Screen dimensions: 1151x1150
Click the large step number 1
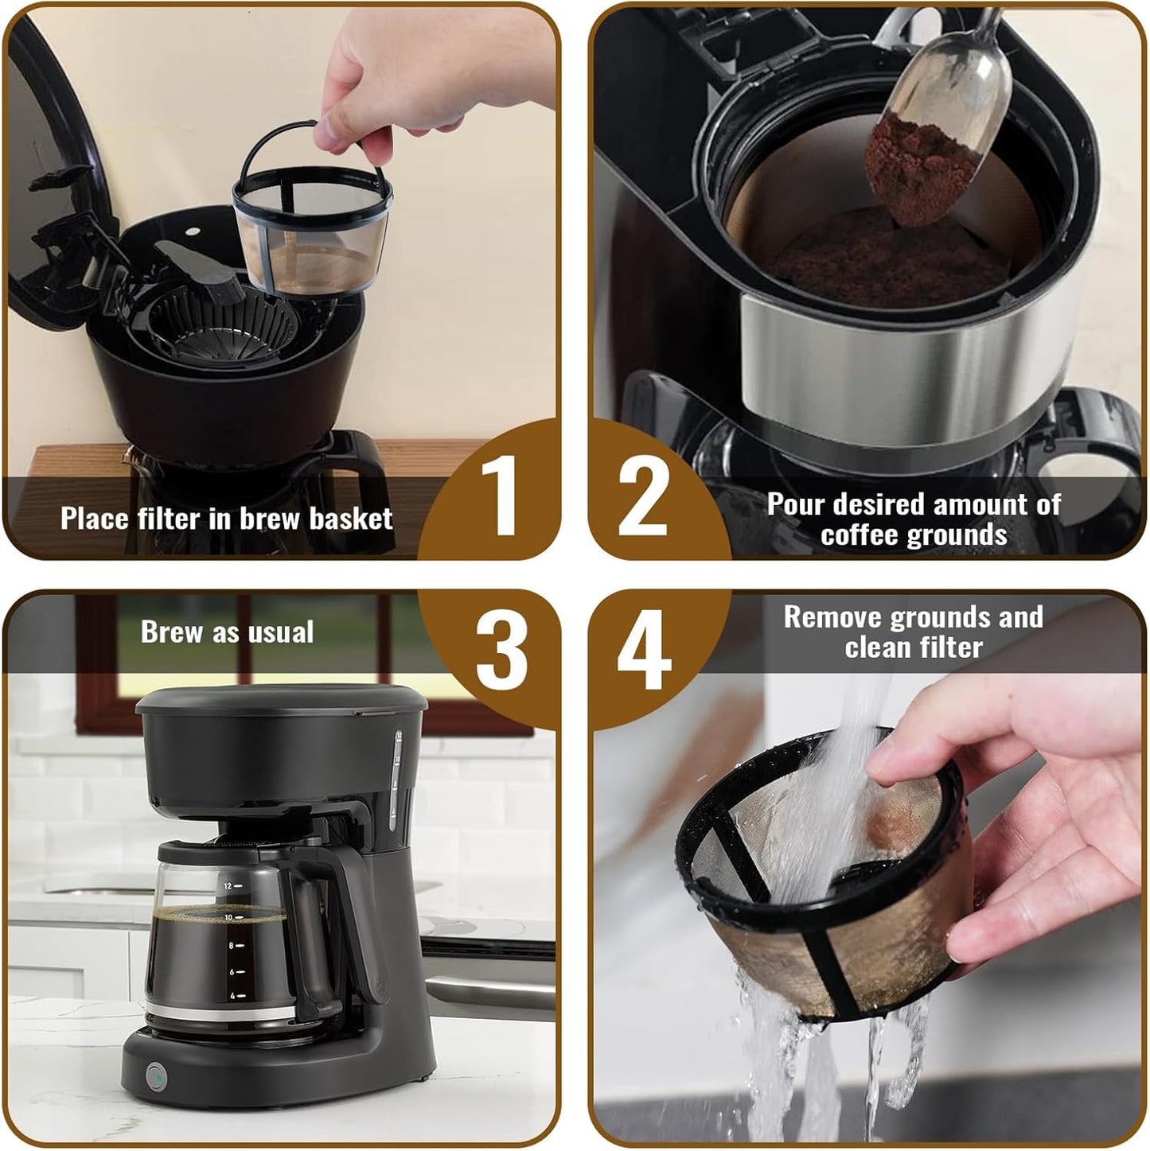(499, 498)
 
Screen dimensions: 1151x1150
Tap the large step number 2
(642, 498)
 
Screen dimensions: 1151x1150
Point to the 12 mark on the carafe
(229, 885)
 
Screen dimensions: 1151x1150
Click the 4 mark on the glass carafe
(232, 995)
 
